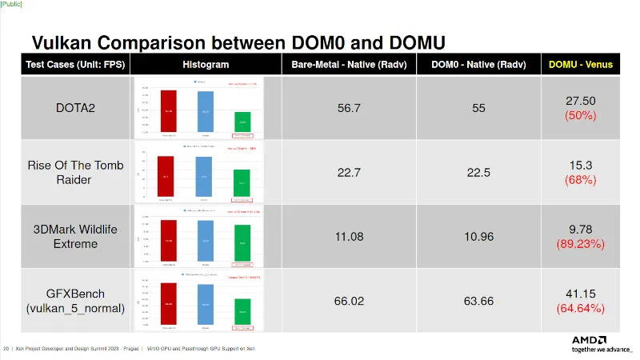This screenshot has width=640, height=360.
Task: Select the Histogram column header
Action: (205, 64)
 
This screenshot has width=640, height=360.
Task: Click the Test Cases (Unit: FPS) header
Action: (74, 64)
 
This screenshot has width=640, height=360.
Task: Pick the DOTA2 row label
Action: (74, 107)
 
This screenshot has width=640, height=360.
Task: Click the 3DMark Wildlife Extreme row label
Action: (74, 236)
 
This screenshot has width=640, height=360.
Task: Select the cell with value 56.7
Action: (345, 107)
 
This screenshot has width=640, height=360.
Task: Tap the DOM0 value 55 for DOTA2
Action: (478, 107)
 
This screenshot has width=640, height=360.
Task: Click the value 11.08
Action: (345, 237)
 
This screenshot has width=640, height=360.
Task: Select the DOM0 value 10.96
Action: (478, 237)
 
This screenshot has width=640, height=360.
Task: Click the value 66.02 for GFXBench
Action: (345, 301)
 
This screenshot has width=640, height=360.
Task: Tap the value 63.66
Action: (478, 301)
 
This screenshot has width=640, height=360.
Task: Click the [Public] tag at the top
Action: (12, 4)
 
